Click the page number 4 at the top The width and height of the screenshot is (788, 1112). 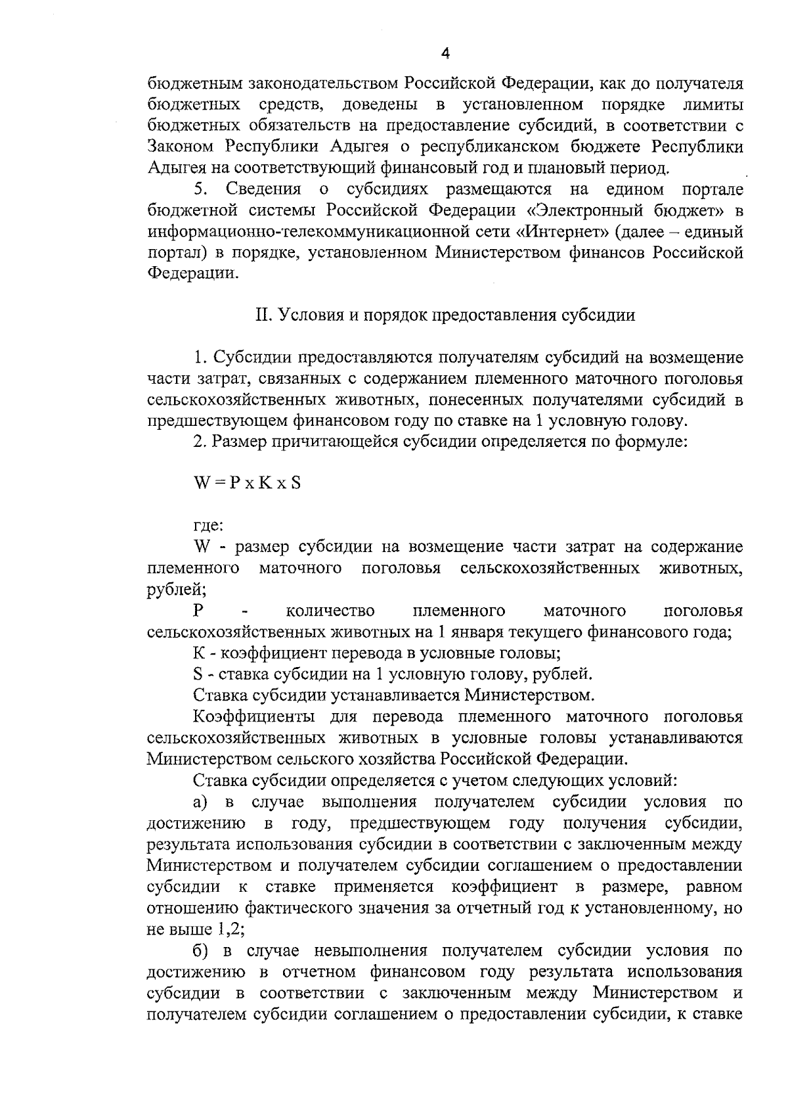pos(445,55)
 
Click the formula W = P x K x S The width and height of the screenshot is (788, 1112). pos(247,483)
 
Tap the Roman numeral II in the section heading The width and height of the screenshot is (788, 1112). pos(263,315)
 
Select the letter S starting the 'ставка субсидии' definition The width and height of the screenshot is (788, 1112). pos(198,674)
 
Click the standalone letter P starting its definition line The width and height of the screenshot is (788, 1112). pos(198,611)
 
